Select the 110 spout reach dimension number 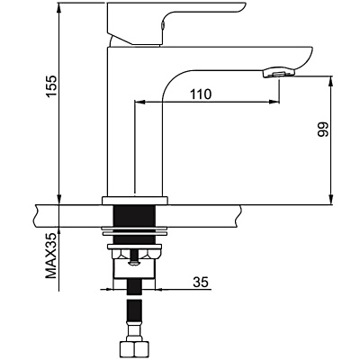click(202, 94)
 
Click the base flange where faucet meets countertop click(135, 197)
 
